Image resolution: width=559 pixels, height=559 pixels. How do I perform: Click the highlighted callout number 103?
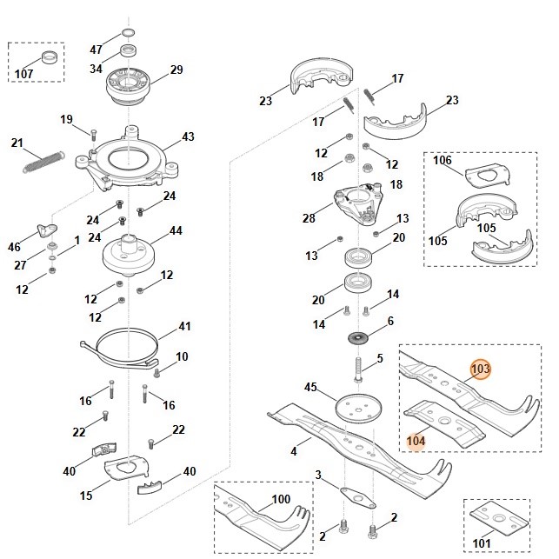(480, 369)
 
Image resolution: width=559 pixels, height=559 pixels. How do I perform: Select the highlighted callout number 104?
(416, 441)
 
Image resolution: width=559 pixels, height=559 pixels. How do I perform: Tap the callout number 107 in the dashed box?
(24, 73)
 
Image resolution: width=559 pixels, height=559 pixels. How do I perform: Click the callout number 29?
(176, 70)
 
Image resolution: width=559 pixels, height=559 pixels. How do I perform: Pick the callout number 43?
(188, 137)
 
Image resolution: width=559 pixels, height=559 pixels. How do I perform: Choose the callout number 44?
(175, 231)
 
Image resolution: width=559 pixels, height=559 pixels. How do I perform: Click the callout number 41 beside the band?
(184, 326)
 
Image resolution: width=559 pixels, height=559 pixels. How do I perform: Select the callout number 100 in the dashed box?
(281, 499)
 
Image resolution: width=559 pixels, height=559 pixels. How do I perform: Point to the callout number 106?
(443, 160)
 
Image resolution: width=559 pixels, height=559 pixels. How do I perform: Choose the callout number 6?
(389, 321)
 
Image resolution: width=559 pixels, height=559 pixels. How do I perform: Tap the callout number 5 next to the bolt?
(379, 358)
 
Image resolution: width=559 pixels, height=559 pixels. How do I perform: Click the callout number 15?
(86, 496)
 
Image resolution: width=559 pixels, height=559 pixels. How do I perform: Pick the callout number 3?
(318, 475)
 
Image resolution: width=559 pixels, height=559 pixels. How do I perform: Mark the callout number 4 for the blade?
(294, 451)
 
